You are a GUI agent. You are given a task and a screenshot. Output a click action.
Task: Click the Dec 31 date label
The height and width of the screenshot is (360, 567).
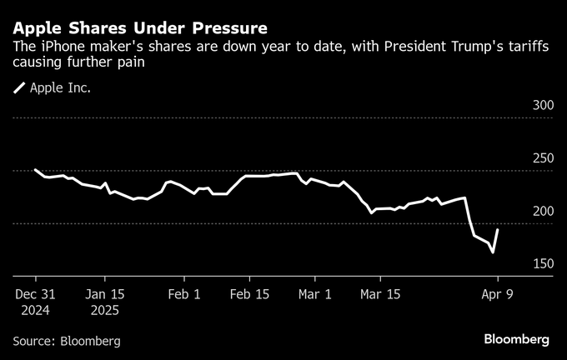pos(35,294)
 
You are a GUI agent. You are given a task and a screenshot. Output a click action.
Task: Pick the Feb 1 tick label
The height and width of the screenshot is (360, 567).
pos(183,294)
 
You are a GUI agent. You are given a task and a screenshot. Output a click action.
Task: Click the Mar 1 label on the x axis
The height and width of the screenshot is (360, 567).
pos(315,294)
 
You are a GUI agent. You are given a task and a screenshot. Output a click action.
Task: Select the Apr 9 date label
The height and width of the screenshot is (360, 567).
pos(497,294)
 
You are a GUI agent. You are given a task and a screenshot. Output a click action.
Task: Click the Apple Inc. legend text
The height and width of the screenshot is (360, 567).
pos(60,87)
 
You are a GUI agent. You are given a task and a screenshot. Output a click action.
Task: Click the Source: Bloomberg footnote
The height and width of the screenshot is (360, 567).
pos(67,341)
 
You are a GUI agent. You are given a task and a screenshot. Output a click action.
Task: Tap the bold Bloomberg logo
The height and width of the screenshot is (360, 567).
pos(516,340)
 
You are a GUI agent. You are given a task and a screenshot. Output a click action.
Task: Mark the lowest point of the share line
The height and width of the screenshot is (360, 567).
pos(493,252)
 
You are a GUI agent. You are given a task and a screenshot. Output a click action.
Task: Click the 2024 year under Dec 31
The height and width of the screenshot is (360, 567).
pos(35,310)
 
